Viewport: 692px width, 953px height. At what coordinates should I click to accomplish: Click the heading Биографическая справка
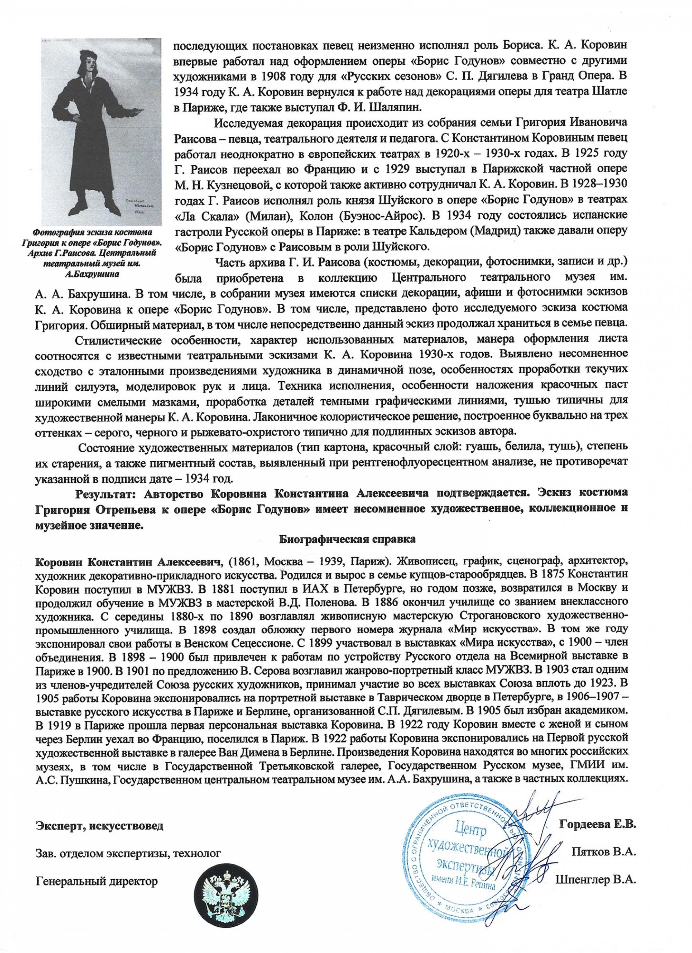346,538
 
